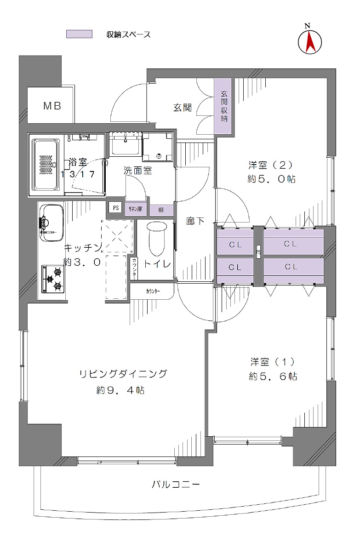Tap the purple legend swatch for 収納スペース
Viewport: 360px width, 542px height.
[x=79, y=34]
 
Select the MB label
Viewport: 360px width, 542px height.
[x=52, y=106]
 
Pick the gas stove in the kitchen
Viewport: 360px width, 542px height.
[x=53, y=279]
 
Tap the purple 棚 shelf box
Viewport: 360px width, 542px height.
[x=161, y=210]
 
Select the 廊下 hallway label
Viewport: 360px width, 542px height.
[x=195, y=221]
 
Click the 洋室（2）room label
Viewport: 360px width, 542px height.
[x=271, y=165]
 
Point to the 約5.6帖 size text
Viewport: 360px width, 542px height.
[x=273, y=377]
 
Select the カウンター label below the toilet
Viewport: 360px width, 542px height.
[x=153, y=291]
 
